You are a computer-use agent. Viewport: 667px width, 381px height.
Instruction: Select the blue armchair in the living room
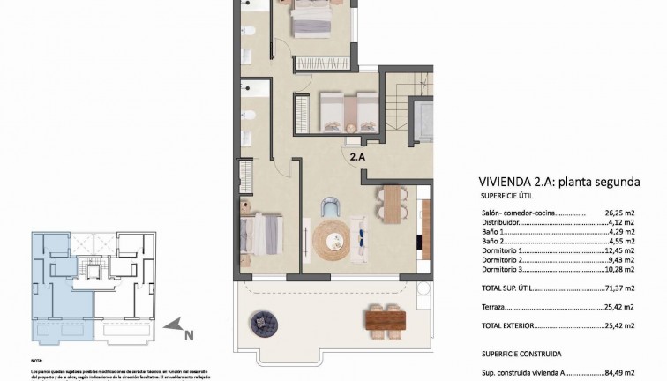(x=330, y=207)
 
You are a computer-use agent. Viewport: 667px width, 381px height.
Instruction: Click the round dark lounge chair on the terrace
(x=263, y=324)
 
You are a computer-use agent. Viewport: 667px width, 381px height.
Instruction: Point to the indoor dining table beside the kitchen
(x=391, y=204)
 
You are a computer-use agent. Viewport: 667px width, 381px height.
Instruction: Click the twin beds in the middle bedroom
(x=348, y=112)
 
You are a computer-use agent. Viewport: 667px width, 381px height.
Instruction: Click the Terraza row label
(x=493, y=308)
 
